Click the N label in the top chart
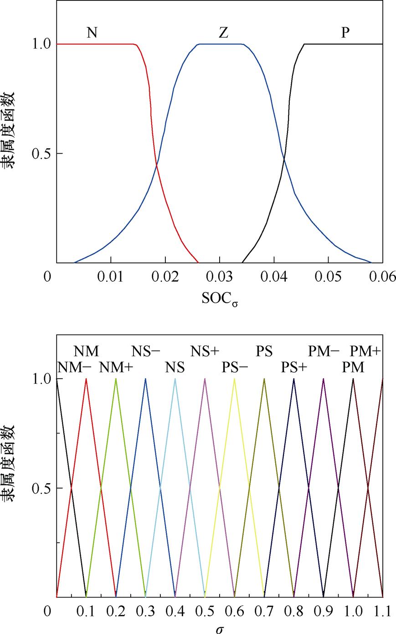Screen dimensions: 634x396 tap(92, 33)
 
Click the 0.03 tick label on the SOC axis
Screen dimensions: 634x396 tap(220, 278)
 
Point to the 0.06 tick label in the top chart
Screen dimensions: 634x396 tap(382, 278)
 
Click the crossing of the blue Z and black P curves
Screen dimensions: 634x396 tap(284, 159)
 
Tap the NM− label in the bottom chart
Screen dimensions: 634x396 tap(74, 367)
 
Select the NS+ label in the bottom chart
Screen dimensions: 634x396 tap(205, 351)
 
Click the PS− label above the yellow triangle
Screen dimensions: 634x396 tap(235, 367)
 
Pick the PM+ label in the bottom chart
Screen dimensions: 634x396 tap(365, 351)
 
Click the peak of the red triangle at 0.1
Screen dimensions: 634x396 tap(86, 379)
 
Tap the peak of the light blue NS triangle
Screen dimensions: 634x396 tap(175, 379)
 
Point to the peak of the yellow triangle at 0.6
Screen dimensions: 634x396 tap(234, 379)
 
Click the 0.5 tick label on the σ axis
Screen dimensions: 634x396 tap(205, 611)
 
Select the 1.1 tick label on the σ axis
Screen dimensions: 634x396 tap(382, 611)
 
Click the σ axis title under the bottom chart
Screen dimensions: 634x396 tap(220, 628)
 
